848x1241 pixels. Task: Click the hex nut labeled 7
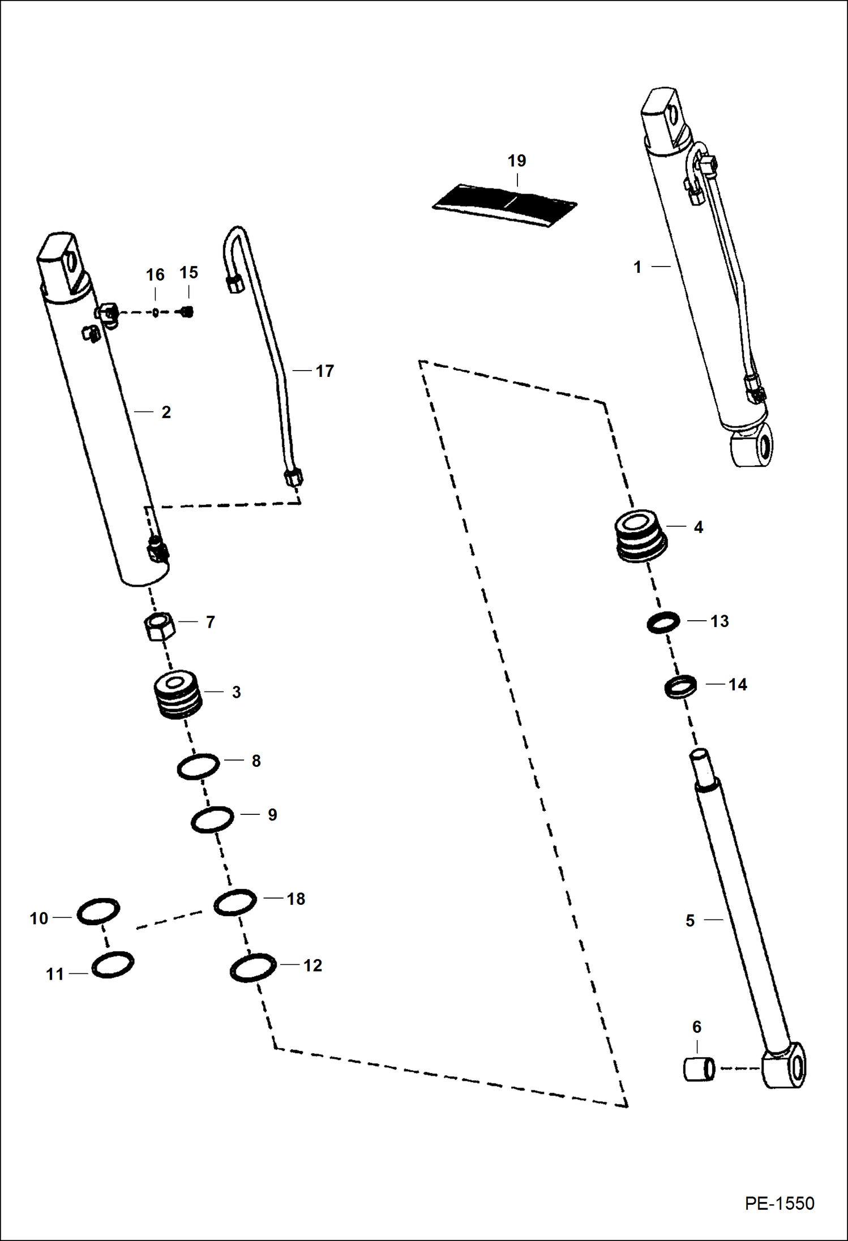click(160, 625)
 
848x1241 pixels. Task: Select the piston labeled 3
click(178, 695)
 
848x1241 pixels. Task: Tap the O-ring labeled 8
click(198, 766)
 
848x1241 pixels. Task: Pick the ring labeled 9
click(212, 819)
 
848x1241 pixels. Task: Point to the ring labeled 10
click(98, 912)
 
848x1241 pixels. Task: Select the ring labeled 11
click(113, 964)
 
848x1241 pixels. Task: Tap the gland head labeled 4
click(640, 536)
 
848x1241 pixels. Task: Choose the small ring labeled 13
click(663, 622)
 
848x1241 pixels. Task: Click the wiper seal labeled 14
click(680, 686)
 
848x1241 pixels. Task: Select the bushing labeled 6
click(699, 1069)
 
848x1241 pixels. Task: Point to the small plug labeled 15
click(187, 311)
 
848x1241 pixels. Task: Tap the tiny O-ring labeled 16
click(156, 311)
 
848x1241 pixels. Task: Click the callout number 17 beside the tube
click(324, 371)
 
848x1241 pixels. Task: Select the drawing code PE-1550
click(779, 1203)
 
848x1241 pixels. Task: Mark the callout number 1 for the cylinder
click(637, 267)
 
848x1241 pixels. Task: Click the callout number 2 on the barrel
click(166, 413)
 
